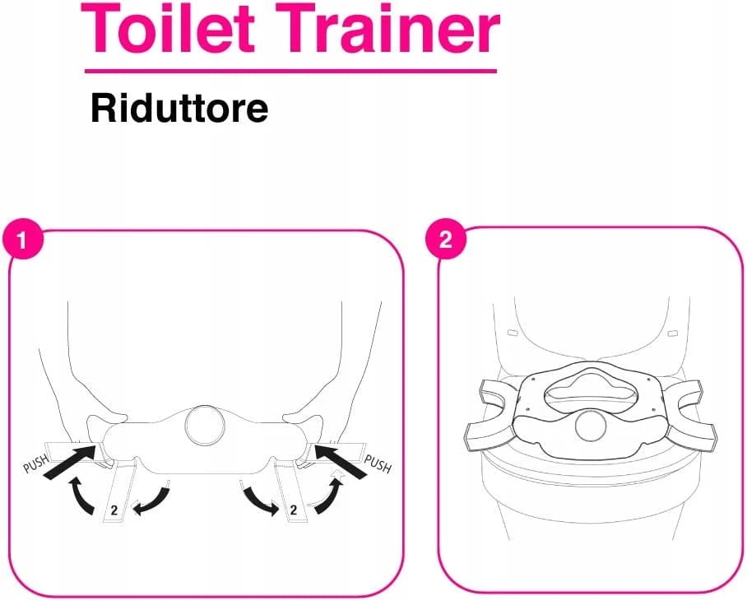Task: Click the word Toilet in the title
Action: coord(168,28)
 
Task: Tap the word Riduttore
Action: coord(179,109)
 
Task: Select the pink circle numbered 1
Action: coord(22,240)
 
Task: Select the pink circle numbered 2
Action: coord(445,239)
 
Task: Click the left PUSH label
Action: coord(35,463)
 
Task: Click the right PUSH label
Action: coord(378,464)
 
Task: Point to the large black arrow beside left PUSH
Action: coord(71,461)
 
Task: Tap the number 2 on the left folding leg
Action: coord(114,510)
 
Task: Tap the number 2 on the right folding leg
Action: coord(294,510)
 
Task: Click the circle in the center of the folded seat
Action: coord(205,425)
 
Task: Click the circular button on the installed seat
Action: coord(592,426)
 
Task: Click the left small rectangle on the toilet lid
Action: coord(513,332)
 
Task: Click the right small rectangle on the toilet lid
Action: coord(673,333)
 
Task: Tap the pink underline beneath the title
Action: coord(290,71)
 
